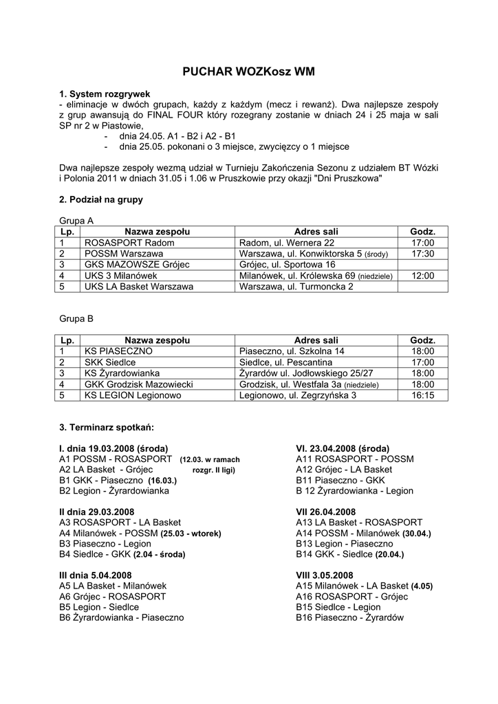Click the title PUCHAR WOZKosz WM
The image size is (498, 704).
coord(248,71)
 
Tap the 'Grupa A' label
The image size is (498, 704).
coord(76,221)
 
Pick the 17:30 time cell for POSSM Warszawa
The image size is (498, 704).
coord(422,254)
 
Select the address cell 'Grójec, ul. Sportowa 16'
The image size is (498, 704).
coord(287,265)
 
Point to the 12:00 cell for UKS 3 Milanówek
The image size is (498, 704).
coord(422,276)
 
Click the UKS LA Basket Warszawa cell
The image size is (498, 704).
coord(138,287)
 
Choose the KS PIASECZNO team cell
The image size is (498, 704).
coord(118,351)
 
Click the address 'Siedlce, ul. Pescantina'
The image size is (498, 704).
coord(285,362)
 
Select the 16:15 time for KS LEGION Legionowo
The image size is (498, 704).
coord(422,395)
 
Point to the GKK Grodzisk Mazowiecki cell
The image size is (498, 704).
coord(138,384)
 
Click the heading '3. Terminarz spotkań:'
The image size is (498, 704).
coord(107,428)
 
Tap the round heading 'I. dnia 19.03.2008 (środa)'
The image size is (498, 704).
coord(113,448)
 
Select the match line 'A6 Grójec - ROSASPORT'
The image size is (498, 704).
coord(112,597)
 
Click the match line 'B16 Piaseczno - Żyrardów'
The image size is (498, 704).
coord(349,618)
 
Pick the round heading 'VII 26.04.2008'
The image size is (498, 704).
coord(326,512)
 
